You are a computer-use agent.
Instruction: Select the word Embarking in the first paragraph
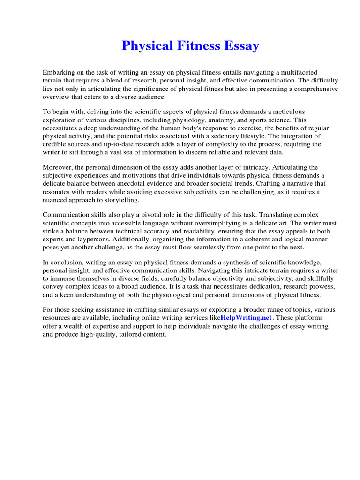(x=59, y=72)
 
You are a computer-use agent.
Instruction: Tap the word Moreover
(x=57, y=167)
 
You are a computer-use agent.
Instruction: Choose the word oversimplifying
(x=219, y=224)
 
